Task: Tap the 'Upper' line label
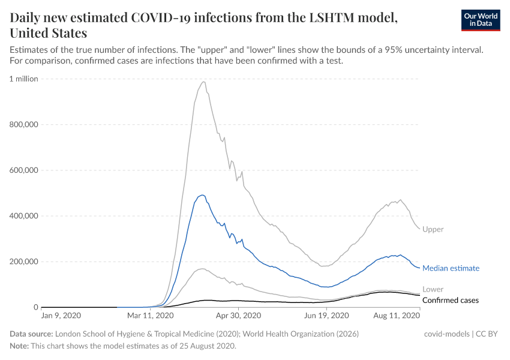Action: (x=433, y=229)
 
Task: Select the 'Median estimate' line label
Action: (x=451, y=268)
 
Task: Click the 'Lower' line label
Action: (x=433, y=289)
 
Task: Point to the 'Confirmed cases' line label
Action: (x=450, y=300)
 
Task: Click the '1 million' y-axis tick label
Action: (x=24, y=79)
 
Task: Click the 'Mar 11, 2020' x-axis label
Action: (x=151, y=315)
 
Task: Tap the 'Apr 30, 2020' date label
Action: (x=239, y=315)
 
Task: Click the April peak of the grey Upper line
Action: (x=204, y=82)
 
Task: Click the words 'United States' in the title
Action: (x=49, y=33)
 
